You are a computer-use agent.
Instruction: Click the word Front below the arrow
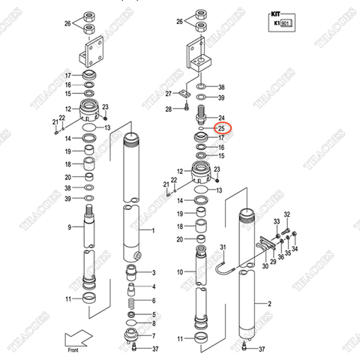[73, 350]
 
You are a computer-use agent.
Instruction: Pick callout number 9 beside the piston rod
[69, 226]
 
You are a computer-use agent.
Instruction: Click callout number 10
[178, 271]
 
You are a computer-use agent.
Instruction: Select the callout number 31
[222, 247]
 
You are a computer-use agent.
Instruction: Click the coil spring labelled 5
[133, 304]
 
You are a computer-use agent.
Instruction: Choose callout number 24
[221, 118]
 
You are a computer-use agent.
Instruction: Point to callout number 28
[169, 109]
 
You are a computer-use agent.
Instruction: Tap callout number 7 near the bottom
[153, 336]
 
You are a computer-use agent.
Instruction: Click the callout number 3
[153, 272]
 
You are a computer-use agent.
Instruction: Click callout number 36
[280, 257]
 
